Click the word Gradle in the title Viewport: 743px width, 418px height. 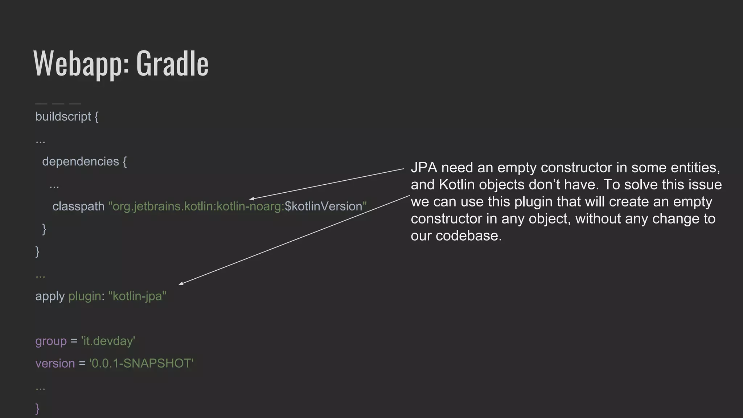[x=172, y=63]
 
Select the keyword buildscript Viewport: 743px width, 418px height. [x=63, y=116]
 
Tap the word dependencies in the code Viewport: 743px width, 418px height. [x=81, y=161]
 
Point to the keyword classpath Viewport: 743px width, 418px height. [x=78, y=206]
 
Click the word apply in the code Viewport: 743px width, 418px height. [x=50, y=296]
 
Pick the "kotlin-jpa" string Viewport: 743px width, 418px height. [x=137, y=296]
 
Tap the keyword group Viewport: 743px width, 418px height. [x=51, y=341]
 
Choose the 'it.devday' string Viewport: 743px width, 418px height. [x=108, y=341]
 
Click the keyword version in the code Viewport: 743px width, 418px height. [x=55, y=364]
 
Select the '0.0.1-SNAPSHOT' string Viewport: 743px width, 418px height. [x=141, y=364]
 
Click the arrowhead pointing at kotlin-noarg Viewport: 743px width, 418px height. [x=251, y=199]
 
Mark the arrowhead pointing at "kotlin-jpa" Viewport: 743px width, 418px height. [x=181, y=284]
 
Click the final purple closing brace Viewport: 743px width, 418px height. [x=37, y=409]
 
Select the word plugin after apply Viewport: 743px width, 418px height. [x=85, y=296]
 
